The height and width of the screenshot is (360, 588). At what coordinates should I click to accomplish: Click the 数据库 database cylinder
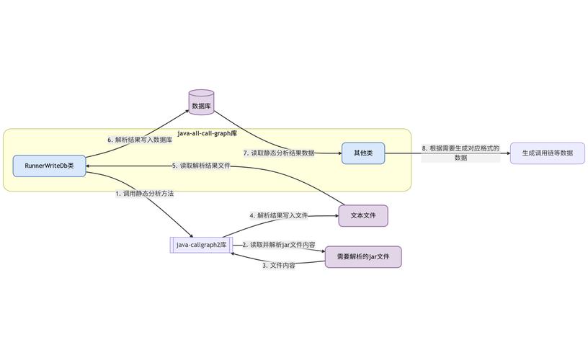tap(201, 103)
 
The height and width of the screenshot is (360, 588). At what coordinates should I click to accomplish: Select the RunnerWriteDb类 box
tap(49, 166)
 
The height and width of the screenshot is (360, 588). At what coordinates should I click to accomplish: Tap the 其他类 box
tap(363, 153)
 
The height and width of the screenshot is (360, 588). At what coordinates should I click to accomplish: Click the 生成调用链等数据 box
tap(547, 153)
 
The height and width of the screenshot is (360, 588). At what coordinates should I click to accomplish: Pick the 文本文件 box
tap(363, 216)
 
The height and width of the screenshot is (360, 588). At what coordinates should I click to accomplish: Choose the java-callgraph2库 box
tap(201, 245)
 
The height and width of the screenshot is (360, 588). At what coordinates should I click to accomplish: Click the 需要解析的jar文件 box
tap(363, 257)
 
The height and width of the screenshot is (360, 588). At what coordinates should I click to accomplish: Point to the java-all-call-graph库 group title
tap(208, 134)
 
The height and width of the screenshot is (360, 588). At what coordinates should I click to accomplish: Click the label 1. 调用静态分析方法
tap(144, 194)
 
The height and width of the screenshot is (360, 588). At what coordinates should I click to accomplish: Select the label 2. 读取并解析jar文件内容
tap(278, 245)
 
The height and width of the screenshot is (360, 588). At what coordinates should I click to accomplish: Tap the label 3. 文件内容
tap(278, 266)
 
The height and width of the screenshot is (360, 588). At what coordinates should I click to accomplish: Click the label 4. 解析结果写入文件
tap(278, 215)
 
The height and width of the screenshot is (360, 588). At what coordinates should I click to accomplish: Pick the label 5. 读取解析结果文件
tap(201, 166)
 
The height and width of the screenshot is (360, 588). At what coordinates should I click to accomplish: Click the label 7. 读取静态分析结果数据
tap(278, 153)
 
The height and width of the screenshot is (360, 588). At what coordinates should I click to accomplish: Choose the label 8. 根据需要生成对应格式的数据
tap(460, 153)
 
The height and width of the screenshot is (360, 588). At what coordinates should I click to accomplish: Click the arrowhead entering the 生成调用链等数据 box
tap(507, 153)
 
